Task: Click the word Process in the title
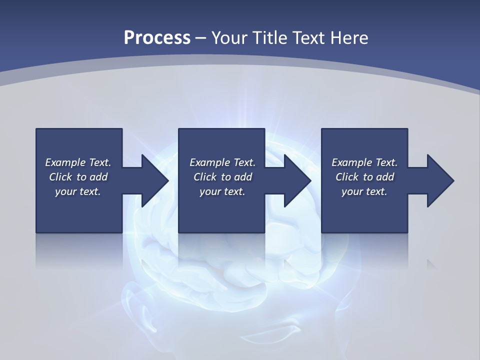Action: (x=157, y=37)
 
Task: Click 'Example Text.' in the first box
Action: (x=78, y=162)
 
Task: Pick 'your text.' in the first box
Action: (x=78, y=191)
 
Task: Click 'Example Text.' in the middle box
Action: (x=222, y=162)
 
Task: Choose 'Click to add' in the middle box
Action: (x=222, y=177)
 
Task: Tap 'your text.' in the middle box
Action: (x=222, y=191)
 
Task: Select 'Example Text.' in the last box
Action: (x=364, y=162)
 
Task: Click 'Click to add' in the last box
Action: (x=364, y=177)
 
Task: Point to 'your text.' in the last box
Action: (x=364, y=191)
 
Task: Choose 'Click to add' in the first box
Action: (x=78, y=177)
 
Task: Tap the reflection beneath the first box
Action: (x=79, y=250)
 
